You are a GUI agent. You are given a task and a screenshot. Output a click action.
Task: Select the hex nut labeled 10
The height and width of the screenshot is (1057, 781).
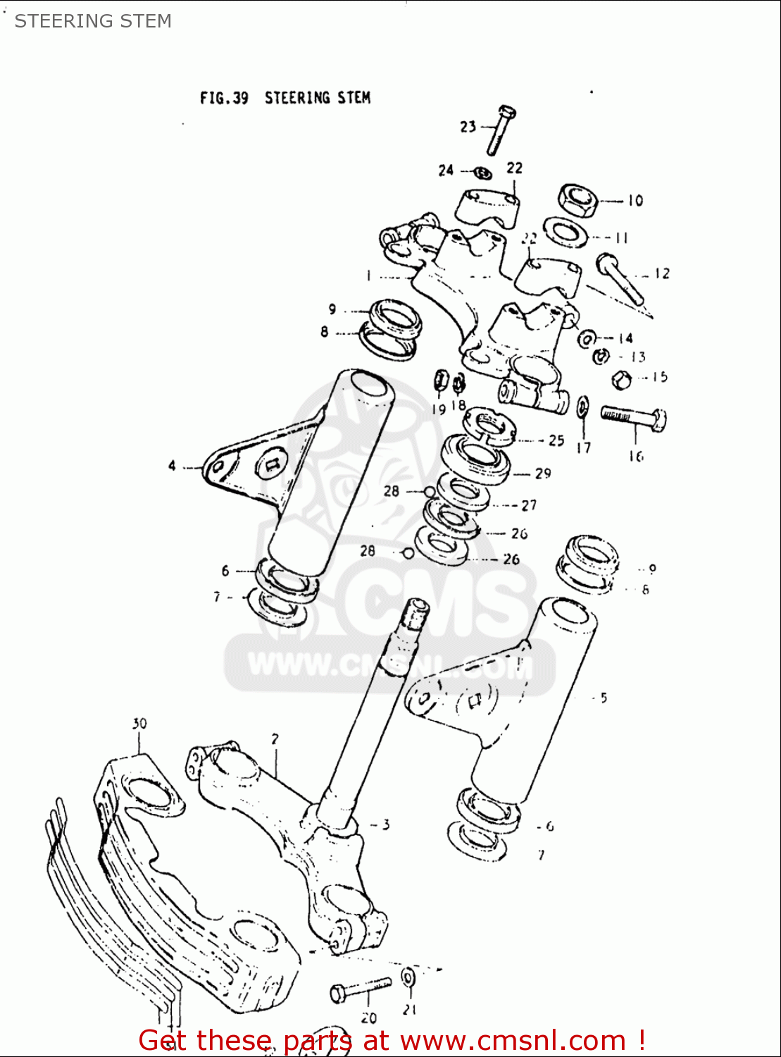578,200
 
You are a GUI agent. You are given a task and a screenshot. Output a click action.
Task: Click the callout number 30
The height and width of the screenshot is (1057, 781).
139,724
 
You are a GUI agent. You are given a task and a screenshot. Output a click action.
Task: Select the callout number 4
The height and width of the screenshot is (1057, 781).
172,466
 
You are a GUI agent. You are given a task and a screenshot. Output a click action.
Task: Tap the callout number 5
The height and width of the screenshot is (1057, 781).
604,698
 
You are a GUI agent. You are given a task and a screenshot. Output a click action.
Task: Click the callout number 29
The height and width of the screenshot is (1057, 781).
542,474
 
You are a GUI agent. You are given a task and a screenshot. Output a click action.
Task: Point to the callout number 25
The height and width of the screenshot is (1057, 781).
556,440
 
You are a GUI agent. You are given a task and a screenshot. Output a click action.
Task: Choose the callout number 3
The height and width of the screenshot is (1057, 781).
385,824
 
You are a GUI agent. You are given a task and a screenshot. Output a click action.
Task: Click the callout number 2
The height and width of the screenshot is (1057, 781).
275,739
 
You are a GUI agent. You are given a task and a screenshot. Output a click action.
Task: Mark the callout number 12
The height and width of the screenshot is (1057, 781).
662,273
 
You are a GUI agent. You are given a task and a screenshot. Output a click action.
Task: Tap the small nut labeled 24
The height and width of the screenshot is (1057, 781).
481,171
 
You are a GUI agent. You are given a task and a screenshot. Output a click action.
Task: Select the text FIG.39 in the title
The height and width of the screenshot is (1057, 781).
224,98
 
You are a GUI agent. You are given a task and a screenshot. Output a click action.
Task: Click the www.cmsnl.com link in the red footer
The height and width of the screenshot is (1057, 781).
513,1040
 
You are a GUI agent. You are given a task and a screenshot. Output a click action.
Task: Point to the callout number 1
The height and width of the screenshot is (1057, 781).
368,276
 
